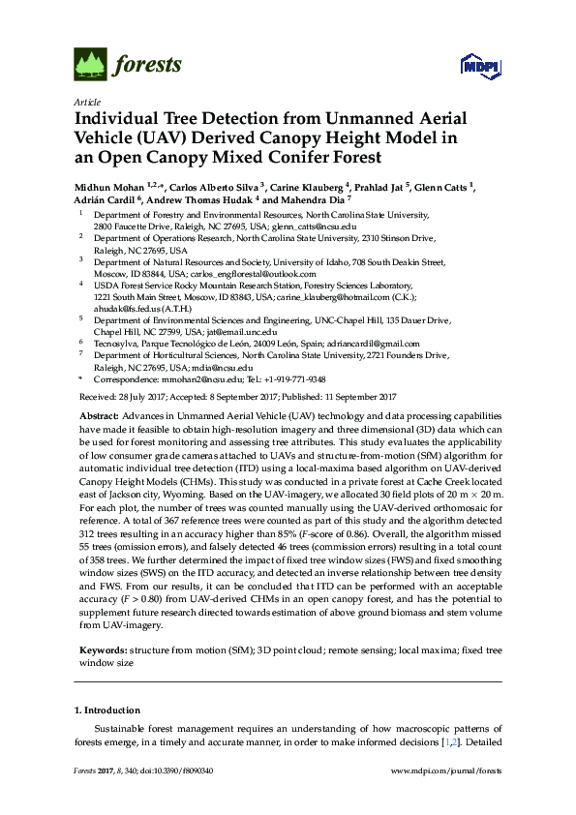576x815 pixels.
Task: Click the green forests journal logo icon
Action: click(x=90, y=64)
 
